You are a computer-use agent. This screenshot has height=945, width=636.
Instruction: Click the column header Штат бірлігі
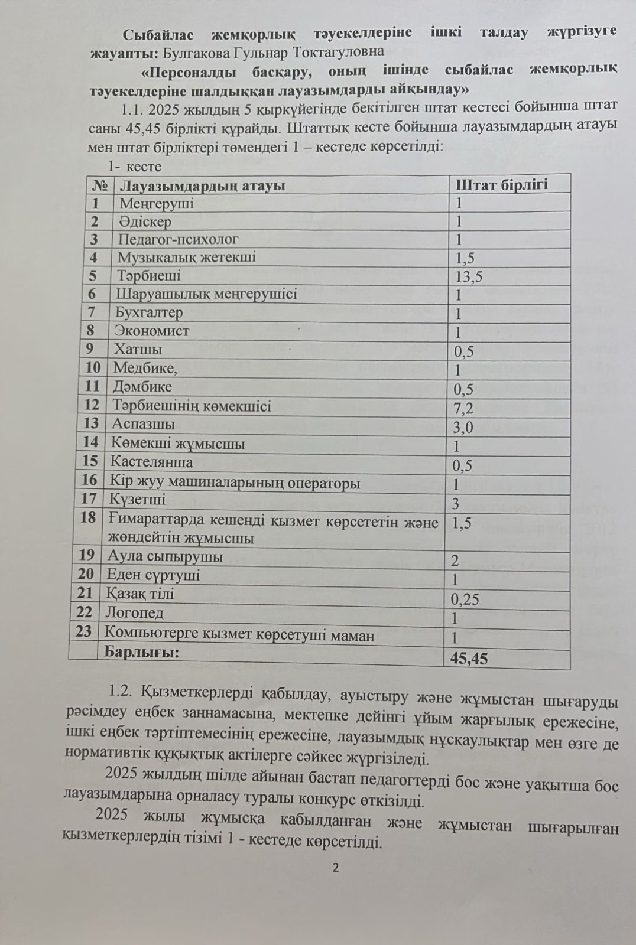(x=501, y=184)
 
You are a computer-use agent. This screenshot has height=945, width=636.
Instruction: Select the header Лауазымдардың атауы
(x=202, y=185)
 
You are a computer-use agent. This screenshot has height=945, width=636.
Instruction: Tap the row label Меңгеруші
(x=157, y=204)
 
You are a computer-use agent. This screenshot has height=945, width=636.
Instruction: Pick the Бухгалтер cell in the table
(x=149, y=312)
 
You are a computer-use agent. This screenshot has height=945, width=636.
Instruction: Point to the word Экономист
(x=152, y=331)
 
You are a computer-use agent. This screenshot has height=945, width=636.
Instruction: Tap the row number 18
(x=87, y=518)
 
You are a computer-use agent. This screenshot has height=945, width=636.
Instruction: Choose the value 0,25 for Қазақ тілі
(x=465, y=599)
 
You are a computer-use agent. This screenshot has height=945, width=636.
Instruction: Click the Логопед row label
(x=134, y=613)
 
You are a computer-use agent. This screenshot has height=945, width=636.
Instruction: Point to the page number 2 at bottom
(x=336, y=868)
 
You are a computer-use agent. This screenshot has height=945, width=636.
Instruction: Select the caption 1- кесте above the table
(x=134, y=167)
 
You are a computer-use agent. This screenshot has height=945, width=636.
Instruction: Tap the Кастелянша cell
(x=151, y=462)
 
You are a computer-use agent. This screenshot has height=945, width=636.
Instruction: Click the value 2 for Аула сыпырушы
(x=455, y=561)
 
